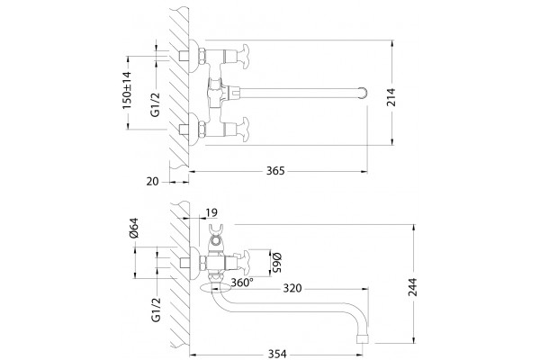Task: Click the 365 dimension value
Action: click(x=275, y=171)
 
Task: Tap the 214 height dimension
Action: click(x=391, y=97)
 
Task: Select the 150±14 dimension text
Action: click(x=127, y=90)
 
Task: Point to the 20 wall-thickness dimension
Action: click(x=153, y=181)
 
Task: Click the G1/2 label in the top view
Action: click(x=156, y=103)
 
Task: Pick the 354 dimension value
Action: click(x=277, y=354)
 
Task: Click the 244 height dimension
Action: click(x=412, y=286)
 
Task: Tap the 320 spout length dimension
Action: click(x=292, y=288)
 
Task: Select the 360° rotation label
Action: click(x=242, y=283)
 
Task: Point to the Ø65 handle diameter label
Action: click(x=277, y=263)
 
